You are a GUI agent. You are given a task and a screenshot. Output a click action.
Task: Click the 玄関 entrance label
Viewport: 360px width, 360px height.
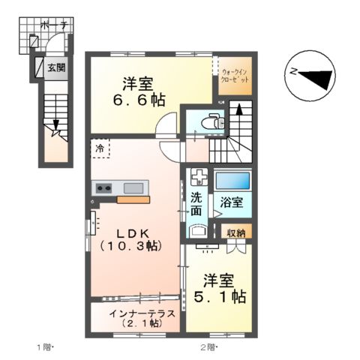click(56, 67)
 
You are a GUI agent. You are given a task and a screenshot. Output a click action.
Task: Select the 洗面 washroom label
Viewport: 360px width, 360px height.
click(196, 205)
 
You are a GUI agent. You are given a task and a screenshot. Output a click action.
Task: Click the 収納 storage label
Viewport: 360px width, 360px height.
click(237, 232)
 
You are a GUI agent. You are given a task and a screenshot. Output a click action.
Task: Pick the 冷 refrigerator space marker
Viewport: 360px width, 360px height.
click(100, 149)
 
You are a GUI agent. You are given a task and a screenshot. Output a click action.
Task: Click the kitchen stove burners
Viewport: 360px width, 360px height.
click(103, 187)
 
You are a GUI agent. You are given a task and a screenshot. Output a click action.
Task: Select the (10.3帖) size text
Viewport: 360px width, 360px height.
click(132, 245)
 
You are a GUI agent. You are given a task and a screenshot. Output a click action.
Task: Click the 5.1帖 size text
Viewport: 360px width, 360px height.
click(222, 297)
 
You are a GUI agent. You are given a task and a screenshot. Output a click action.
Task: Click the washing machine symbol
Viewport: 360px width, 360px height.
click(198, 178)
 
